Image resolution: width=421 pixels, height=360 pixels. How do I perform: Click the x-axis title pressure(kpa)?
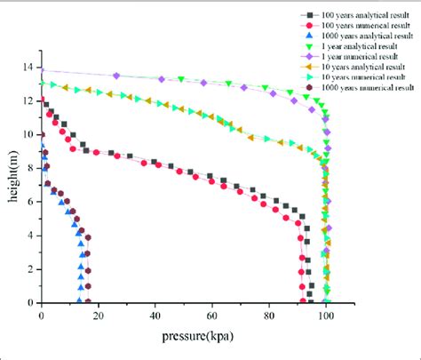(x=186, y=337)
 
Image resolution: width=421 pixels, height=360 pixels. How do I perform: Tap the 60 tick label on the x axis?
(x=212, y=315)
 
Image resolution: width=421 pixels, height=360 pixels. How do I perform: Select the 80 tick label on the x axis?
(x=269, y=315)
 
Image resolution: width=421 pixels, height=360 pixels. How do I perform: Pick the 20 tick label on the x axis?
(x=98, y=315)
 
